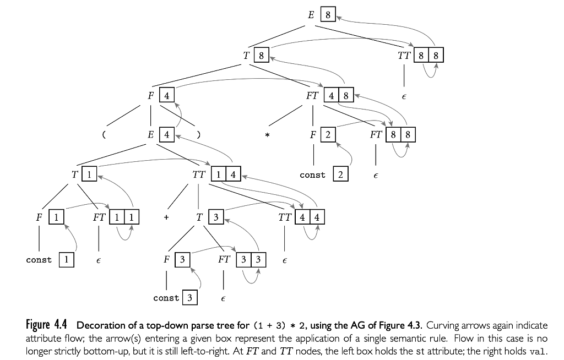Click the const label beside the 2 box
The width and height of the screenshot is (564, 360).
(x=312, y=175)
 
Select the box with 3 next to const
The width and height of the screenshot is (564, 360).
(x=189, y=298)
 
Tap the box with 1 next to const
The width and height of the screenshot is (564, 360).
(x=66, y=259)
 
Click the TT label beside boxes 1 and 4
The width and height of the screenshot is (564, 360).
(x=199, y=175)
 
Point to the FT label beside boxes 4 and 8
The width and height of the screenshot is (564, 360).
(x=312, y=95)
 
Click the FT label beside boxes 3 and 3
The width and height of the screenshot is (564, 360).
(x=224, y=259)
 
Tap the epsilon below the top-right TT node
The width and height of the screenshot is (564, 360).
(x=404, y=96)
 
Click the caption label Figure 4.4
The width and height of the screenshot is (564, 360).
(x=45, y=323)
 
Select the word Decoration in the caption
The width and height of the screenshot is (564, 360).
(x=99, y=323)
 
